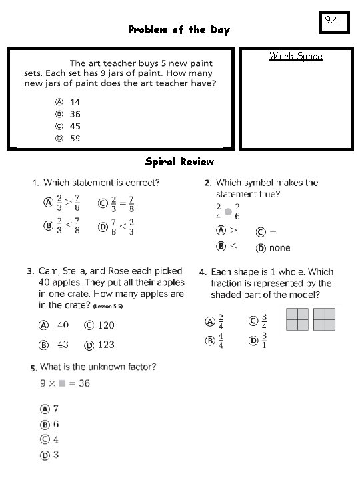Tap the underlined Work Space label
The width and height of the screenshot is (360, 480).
295,56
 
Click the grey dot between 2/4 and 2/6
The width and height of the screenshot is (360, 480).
228,211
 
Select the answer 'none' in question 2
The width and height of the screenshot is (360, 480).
279,247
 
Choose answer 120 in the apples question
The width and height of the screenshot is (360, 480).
105,325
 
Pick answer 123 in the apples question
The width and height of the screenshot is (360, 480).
105,345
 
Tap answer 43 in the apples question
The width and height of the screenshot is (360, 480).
63,345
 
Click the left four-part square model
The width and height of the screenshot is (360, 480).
297,319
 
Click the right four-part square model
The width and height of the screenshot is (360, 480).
324,319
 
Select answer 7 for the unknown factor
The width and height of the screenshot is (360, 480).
56,409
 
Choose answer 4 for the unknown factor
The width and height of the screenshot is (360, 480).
56,439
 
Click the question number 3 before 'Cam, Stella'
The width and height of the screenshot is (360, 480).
30,272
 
